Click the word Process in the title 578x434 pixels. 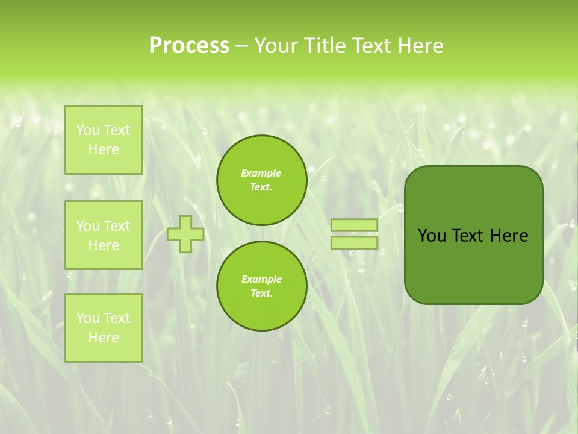click(x=189, y=46)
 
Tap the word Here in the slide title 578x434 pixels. click(x=420, y=46)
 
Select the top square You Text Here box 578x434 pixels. click(x=104, y=140)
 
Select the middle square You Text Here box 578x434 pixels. click(x=104, y=235)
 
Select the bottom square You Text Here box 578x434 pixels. click(x=104, y=328)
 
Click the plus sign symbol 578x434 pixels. click(x=185, y=234)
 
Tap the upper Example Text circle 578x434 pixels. click(x=261, y=180)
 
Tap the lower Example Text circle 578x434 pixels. click(x=261, y=286)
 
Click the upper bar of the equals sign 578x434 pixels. click(x=355, y=225)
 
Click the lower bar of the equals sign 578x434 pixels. click(x=355, y=242)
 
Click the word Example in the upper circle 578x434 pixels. click(x=261, y=173)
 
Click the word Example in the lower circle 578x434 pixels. click(x=261, y=279)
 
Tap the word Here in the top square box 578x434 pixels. click(x=104, y=149)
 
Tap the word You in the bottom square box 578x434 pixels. click(x=87, y=318)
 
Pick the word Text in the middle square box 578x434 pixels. click(x=116, y=226)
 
